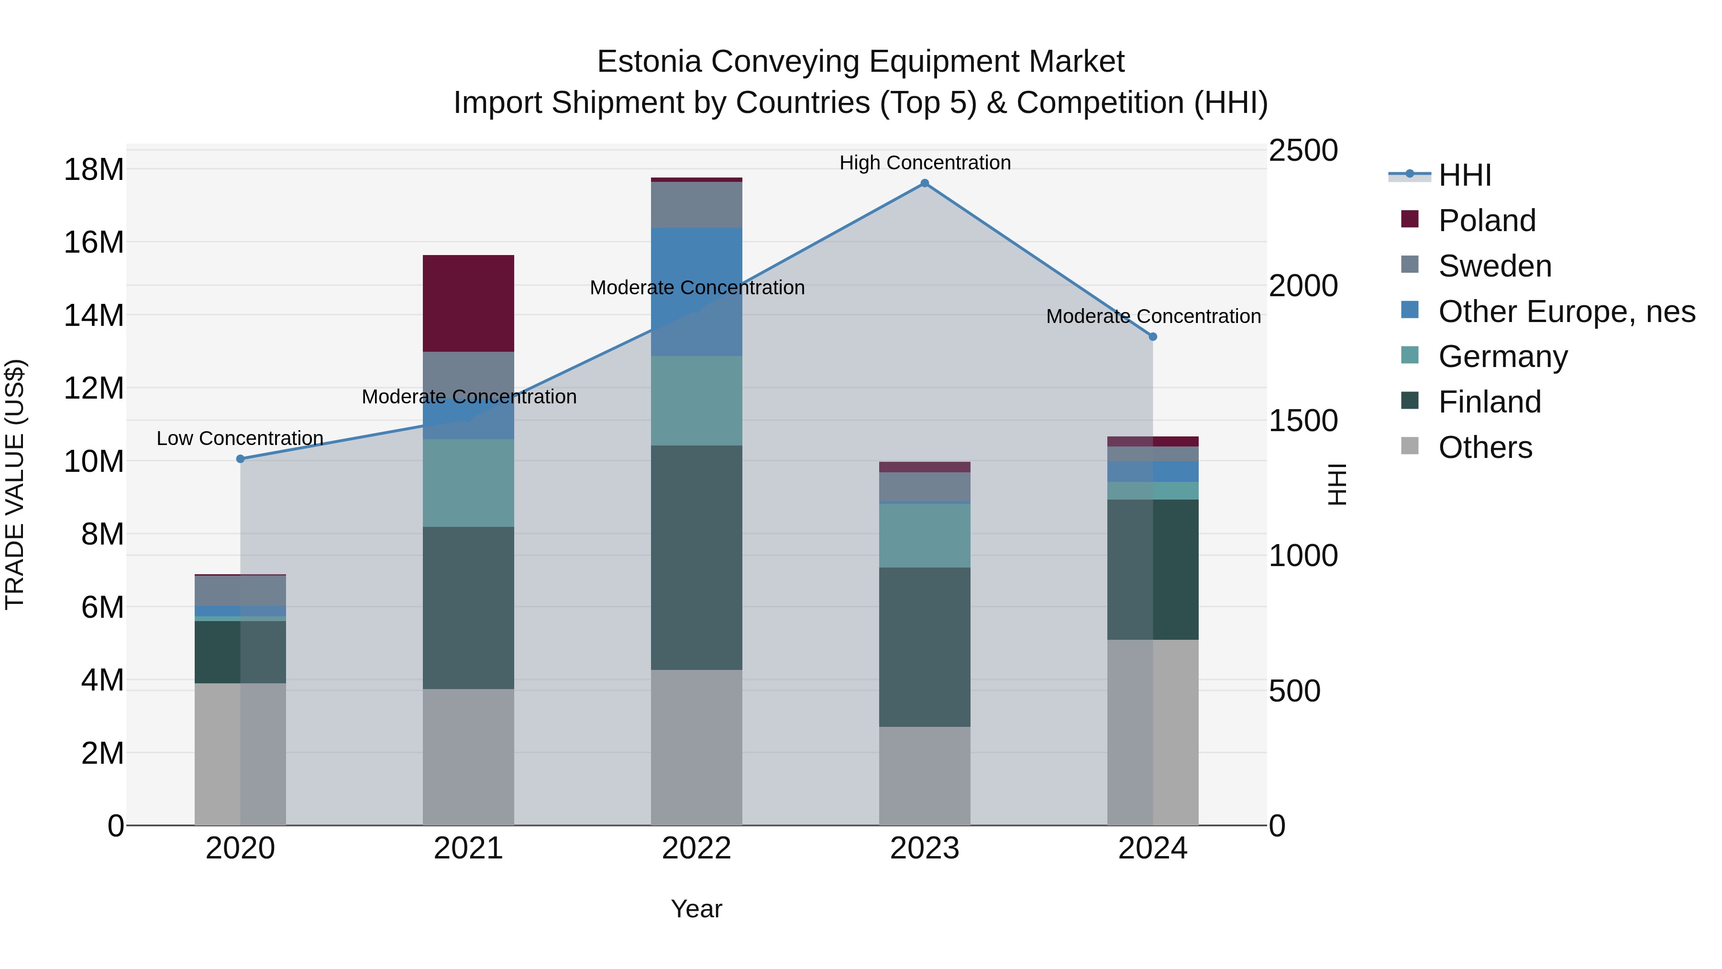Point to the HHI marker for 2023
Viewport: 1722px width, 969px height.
pos(925,183)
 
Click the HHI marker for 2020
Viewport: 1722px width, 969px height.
pos(241,459)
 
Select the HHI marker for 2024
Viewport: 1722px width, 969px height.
pos(1153,337)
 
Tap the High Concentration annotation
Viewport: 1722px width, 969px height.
pos(925,163)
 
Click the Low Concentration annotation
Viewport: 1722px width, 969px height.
pos(240,439)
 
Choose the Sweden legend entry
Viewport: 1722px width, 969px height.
pos(1495,266)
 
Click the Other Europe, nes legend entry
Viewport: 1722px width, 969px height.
pos(1566,312)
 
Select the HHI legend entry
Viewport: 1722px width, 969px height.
pos(1464,175)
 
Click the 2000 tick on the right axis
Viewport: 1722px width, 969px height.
pos(1303,286)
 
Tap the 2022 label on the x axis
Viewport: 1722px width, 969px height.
pos(696,848)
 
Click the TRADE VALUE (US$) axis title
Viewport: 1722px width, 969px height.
pos(15,484)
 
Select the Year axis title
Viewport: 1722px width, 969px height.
pos(696,909)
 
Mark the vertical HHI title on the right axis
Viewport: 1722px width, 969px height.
pos(1337,484)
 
